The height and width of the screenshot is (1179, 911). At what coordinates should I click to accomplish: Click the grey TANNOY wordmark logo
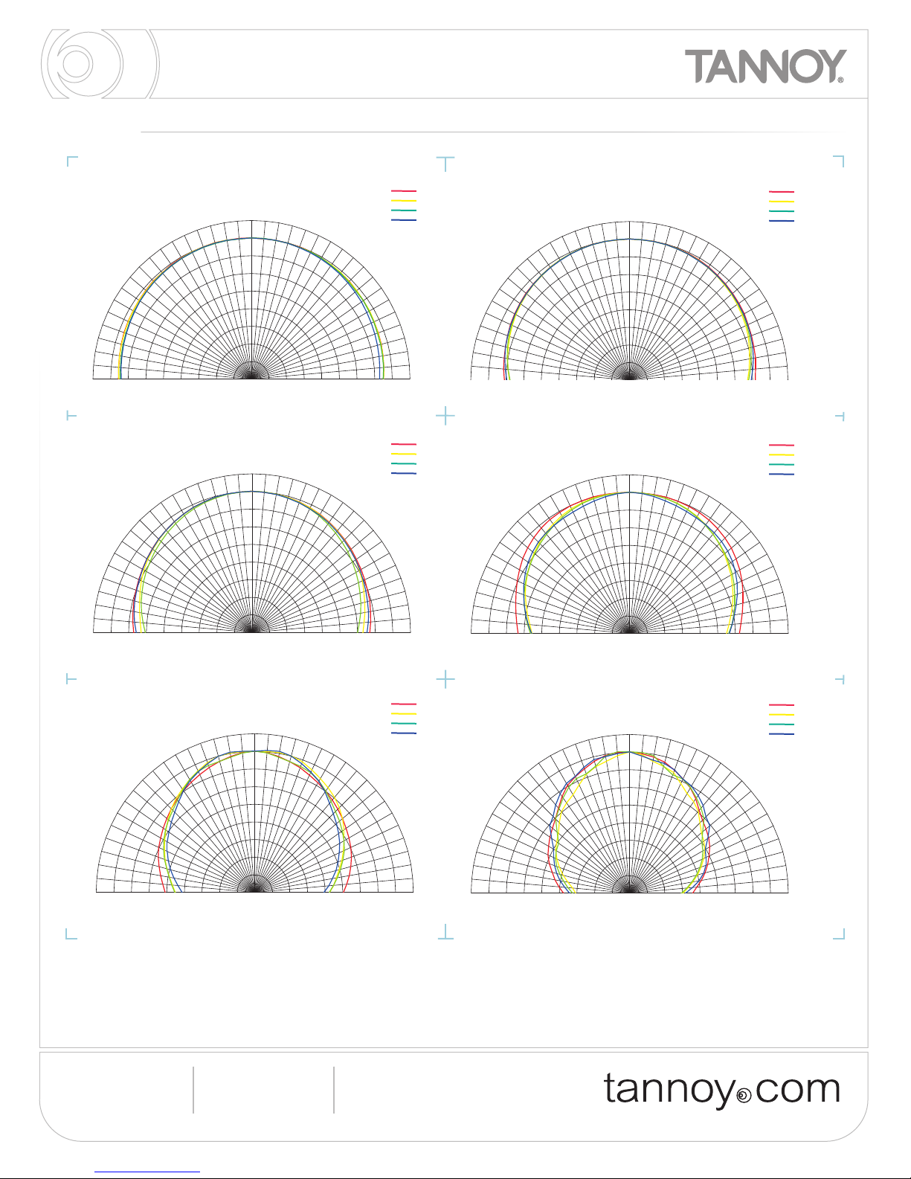tap(765, 66)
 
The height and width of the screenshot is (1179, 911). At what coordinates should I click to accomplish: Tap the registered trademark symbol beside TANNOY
tap(840, 80)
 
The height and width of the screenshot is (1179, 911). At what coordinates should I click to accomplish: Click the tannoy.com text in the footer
tap(722, 1090)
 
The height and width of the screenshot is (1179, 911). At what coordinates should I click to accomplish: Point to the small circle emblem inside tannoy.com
tap(744, 1096)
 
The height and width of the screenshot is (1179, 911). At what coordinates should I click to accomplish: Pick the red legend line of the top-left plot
tap(403, 191)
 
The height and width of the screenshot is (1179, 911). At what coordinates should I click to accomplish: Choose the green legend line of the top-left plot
tap(403, 211)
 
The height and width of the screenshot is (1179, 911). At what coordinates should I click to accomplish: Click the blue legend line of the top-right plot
tap(782, 221)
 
